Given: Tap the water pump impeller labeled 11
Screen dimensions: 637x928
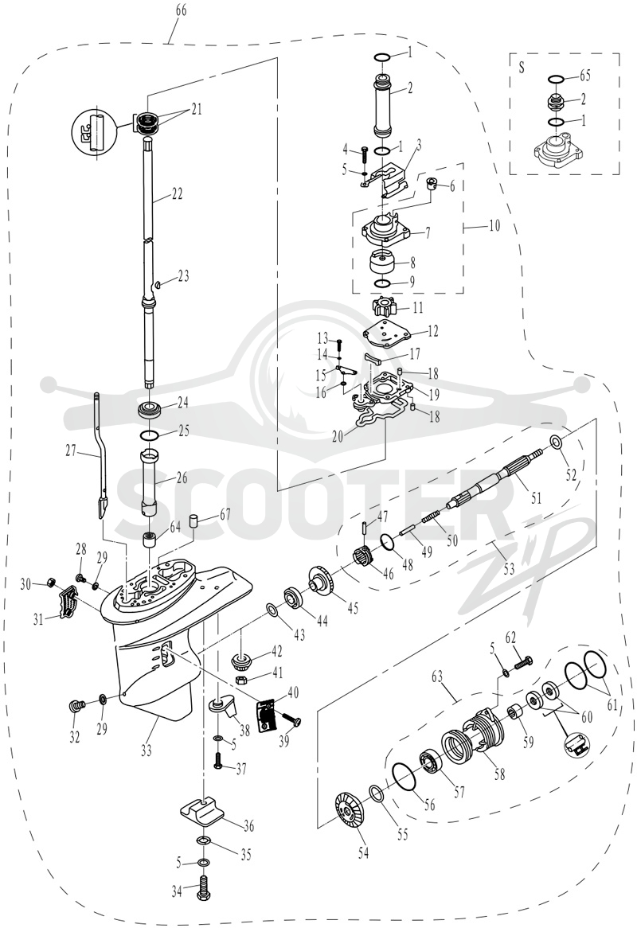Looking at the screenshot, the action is pos(382,307).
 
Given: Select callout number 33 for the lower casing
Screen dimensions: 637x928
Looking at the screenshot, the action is pos(147,751).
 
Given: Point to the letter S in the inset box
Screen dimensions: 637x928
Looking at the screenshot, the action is pos(522,67).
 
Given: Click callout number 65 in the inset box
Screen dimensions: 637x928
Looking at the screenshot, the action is pos(585,76).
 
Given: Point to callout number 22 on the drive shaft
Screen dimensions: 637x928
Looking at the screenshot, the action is pos(177,193).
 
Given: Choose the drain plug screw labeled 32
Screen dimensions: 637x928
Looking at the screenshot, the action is pos(77,705).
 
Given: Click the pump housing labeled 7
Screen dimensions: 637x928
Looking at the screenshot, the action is pos(384,232).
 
